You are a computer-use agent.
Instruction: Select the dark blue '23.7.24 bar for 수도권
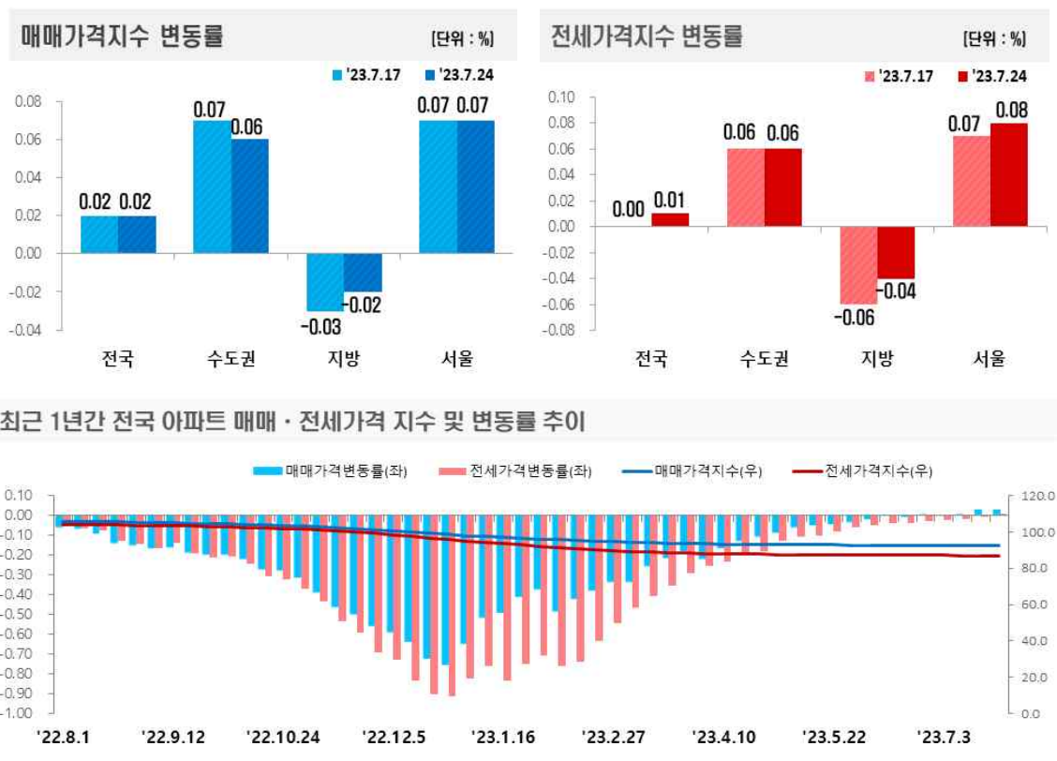pos(249,196)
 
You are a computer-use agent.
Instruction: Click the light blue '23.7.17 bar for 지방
pos(324,281)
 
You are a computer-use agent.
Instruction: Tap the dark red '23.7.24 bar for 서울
pos(1008,174)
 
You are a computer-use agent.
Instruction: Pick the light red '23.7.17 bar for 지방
pos(857,265)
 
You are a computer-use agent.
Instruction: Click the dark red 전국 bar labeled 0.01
pos(669,219)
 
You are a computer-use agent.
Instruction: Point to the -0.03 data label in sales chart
pos(320,327)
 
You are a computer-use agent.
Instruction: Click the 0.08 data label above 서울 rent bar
pos(1009,109)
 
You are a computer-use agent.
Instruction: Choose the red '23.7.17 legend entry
pos(899,76)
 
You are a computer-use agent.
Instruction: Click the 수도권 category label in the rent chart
pos(763,358)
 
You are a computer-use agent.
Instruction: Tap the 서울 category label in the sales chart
pos(456,358)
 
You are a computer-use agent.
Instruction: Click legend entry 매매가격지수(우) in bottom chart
pos(693,471)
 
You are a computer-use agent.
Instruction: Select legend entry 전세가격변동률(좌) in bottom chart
pos(515,471)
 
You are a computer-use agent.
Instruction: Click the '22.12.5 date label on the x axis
pos(394,738)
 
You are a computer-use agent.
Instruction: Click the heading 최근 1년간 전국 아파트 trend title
pos(291,423)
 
